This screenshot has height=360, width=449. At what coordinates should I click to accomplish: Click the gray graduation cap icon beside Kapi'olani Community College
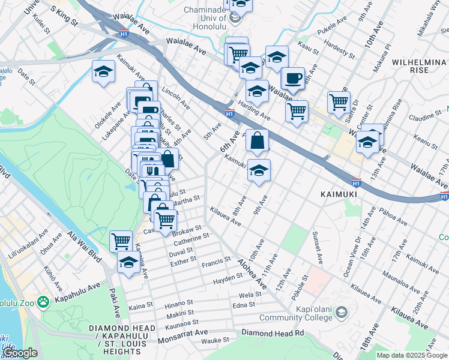click(341, 312)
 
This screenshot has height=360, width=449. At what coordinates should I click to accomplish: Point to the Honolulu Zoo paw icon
click(43, 301)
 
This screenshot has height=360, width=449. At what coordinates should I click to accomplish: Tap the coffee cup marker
click(293, 79)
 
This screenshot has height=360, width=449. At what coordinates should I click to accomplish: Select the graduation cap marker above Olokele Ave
click(104, 72)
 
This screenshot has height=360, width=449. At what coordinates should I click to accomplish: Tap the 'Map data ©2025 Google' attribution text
click(411, 355)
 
